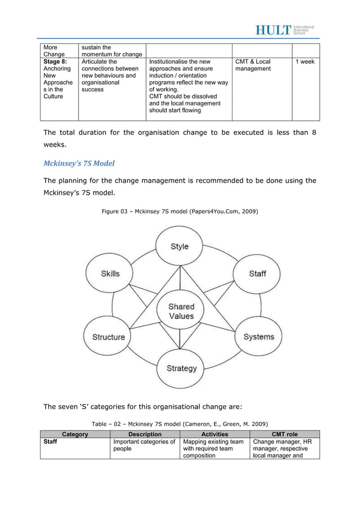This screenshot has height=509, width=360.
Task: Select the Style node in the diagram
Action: [179, 247]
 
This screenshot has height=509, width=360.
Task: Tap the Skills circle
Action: [110, 274]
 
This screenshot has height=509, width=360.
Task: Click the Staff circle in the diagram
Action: [257, 274]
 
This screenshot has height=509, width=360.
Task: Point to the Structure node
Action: [108, 337]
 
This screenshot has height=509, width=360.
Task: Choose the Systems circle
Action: [258, 337]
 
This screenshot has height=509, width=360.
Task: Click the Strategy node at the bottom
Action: [181, 368]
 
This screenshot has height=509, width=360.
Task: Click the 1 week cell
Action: [305, 62]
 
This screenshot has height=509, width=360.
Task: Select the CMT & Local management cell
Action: [253, 66]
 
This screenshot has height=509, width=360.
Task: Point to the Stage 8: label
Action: [54, 62]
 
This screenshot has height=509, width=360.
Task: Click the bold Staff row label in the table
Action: [51, 442]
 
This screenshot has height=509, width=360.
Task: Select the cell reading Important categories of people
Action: [145, 446]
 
